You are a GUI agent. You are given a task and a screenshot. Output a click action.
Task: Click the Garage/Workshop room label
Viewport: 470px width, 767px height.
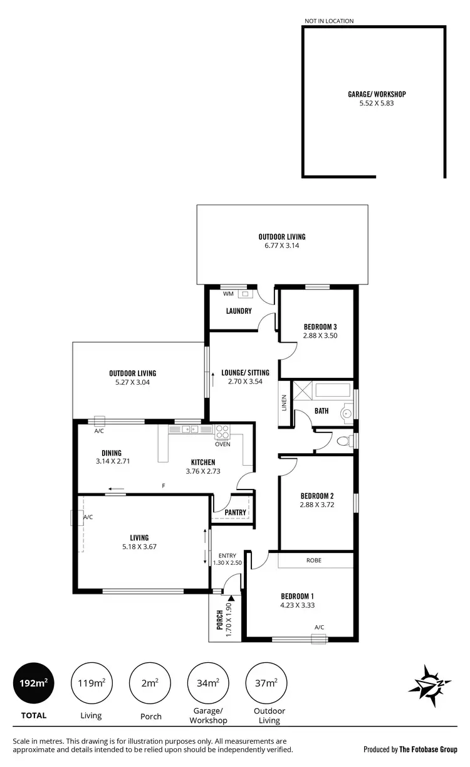(373, 94)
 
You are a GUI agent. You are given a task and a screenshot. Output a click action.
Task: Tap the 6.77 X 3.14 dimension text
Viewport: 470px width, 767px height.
(282, 245)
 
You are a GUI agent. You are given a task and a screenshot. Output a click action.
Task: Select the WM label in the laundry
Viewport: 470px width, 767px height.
(227, 293)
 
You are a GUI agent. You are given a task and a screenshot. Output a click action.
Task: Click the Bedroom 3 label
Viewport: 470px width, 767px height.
(320, 326)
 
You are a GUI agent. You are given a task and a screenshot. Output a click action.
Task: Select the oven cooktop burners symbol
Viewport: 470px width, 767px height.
(222, 431)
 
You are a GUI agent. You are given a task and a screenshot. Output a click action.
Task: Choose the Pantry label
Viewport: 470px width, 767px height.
(235, 512)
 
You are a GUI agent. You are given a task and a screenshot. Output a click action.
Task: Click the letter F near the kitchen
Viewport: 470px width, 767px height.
(164, 486)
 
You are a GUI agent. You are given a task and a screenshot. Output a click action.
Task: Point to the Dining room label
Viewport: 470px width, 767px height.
(112, 453)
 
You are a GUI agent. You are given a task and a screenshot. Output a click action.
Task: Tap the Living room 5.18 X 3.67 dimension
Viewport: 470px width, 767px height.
(139, 546)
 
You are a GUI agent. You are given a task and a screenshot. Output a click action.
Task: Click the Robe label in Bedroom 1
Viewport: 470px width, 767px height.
(314, 560)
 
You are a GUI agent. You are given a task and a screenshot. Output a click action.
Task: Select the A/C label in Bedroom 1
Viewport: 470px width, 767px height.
(319, 627)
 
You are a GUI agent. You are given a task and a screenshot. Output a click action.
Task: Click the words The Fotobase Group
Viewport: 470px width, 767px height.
(429, 749)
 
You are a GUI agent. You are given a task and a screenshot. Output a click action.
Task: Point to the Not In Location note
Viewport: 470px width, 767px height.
(329, 21)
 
